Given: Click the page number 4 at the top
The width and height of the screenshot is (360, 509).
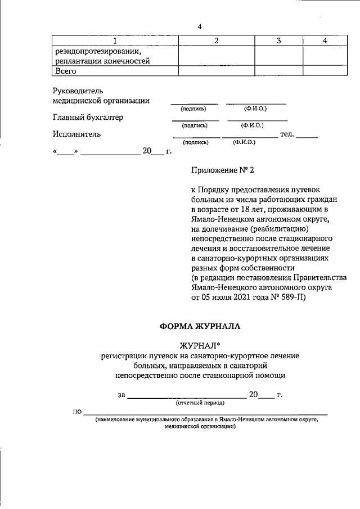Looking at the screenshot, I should [x=199, y=28].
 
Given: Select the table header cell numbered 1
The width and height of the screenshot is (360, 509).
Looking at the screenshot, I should [x=115, y=41].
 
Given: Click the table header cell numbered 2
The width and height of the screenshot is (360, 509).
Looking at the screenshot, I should [x=216, y=41].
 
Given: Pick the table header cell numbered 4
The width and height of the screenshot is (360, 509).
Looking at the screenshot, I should [x=325, y=41].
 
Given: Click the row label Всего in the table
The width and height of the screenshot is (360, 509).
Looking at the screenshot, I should [x=65, y=71].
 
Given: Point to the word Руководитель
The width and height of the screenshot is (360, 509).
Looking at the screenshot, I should [x=78, y=90].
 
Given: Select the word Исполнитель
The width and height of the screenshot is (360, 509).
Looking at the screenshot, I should [x=76, y=134].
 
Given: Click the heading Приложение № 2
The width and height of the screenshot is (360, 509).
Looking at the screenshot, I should [x=223, y=168].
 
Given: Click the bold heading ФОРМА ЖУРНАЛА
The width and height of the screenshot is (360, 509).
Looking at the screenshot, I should [x=200, y=326].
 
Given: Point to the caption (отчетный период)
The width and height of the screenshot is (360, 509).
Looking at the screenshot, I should [x=200, y=403].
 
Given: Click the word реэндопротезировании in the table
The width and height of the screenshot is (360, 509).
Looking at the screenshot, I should [x=93, y=52].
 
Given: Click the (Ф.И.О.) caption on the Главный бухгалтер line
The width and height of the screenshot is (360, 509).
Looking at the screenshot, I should [x=253, y=125].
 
